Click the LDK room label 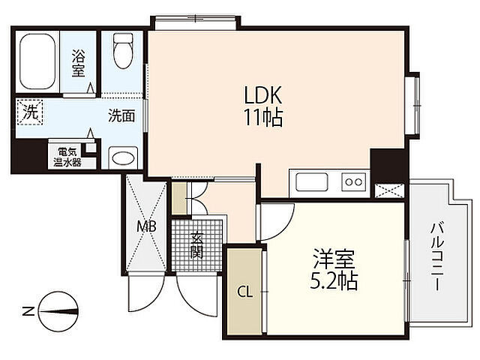263,95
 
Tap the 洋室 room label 333,259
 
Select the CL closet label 245,292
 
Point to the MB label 146,226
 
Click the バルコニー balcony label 437,256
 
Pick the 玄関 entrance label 196,245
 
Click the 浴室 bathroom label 78,63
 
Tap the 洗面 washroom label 121,116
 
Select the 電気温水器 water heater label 67,157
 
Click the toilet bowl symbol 123,51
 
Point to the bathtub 37,61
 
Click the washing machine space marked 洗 30,112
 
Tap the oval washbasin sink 123,158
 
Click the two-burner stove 353,182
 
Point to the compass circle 58,312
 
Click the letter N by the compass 28,312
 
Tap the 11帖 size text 263,117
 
